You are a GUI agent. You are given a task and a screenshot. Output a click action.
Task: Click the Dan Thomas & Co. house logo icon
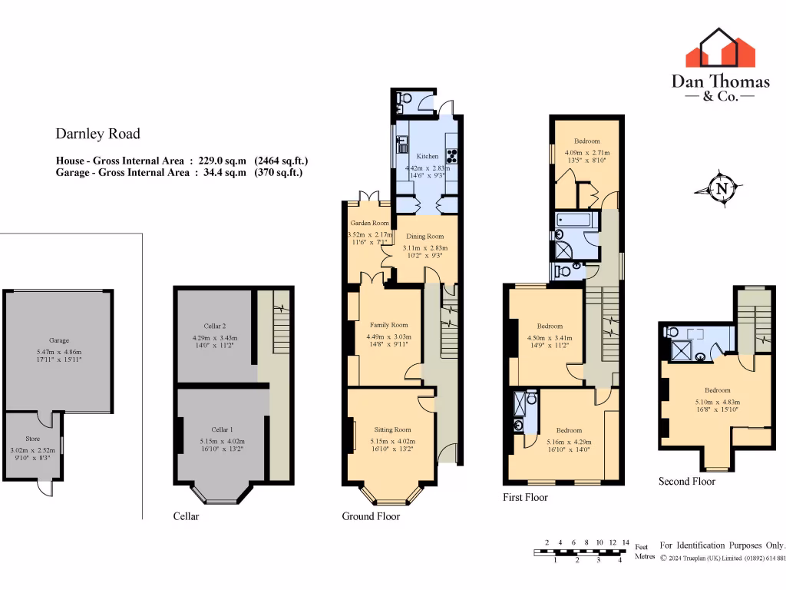tap(721, 48)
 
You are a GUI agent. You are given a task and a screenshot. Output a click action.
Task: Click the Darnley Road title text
tap(97, 134)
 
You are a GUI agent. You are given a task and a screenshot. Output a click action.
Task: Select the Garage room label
tap(59, 340)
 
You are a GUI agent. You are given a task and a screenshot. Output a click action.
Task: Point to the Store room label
tap(33, 439)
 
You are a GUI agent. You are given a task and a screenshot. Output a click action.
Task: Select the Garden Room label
tap(365, 223)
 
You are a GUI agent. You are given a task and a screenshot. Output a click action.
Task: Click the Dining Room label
tap(424, 237)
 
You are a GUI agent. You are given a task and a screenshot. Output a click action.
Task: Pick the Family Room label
tap(388, 325)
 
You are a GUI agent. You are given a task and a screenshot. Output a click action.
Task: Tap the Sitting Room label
tap(392, 429)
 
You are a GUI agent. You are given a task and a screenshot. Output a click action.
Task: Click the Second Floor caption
tap(686, 482)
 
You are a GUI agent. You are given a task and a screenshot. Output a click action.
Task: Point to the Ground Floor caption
tap(371, 516)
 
